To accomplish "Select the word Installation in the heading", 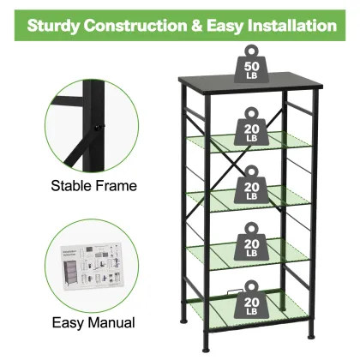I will (295, 25).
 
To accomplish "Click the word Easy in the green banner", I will (236, 25).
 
